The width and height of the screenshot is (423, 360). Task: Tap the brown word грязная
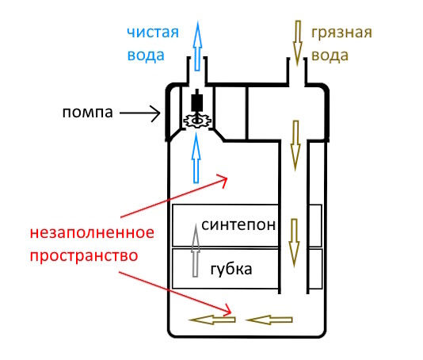(341, 33)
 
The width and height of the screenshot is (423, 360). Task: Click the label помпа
(86, 113)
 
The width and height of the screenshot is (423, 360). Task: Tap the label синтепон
(238, 224)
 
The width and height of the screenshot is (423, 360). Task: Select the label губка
(231, 270)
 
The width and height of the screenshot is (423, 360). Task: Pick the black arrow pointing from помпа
(139, 113)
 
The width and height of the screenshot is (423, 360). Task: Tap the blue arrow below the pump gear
(195, 159)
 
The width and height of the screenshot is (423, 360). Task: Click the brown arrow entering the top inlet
(298, 44)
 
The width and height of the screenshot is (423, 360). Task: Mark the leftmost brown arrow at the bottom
(213, 320)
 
